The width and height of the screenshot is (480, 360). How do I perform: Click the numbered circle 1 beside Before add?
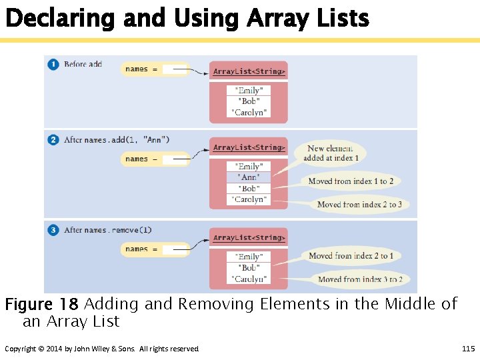coord(53,65)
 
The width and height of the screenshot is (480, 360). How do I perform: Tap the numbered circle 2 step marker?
coord(53,140)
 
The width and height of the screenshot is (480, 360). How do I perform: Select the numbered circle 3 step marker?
coord(53,231)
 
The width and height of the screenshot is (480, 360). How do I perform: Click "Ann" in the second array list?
coord(249,177)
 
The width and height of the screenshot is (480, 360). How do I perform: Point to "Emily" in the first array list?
coord(249,91)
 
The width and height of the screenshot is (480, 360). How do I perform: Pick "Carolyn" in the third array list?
coord(249,279)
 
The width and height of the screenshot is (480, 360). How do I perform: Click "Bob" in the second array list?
coord(249,189)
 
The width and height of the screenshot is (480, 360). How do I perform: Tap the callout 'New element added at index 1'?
coord(331,153)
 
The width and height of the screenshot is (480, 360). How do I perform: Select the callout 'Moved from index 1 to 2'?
coord(351,181)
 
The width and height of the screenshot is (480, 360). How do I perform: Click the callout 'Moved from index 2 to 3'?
coord(359,205)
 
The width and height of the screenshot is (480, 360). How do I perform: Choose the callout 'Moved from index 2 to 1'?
coord(351,256)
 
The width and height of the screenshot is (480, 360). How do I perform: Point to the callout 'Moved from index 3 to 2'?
coord(359,279)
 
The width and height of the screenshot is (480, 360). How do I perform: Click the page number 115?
coord(468,349)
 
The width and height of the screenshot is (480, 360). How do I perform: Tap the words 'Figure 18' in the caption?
coord(41,305)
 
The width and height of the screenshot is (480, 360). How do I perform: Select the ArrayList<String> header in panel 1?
coord(249,71)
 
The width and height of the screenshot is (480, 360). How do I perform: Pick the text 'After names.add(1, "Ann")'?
coord(117,140)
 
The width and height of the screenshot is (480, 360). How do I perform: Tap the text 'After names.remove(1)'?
coord(108,231)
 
